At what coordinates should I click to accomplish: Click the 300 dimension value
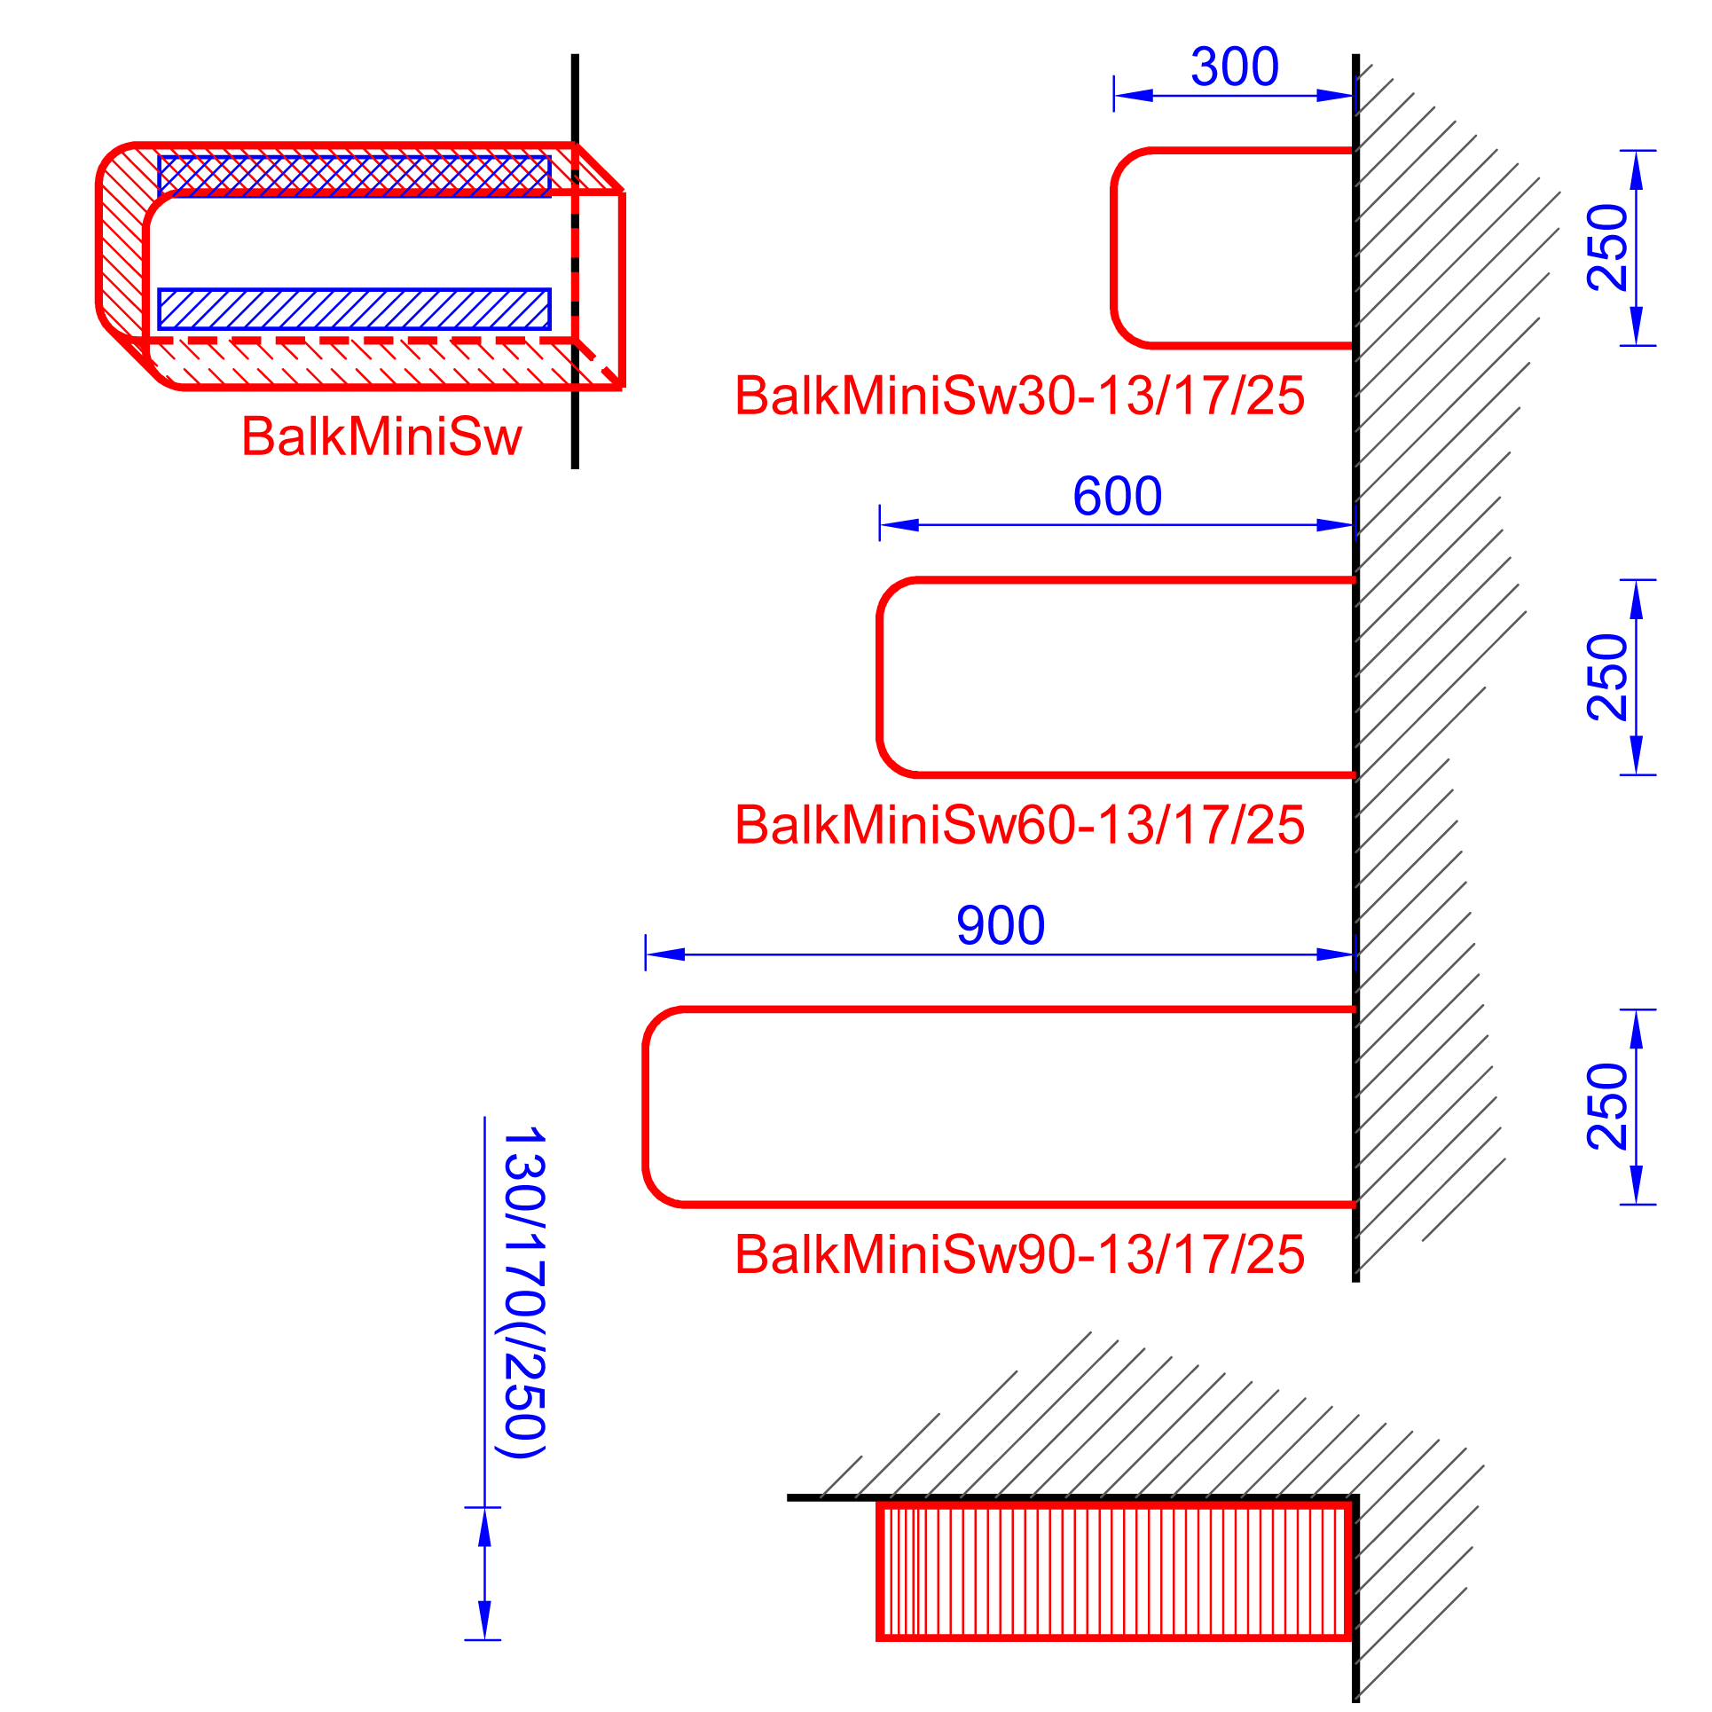click(1234, 67)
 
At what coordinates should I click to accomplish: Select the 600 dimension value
click(1117, 497)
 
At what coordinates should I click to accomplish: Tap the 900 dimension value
click(1000, 926)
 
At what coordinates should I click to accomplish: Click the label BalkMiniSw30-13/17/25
click(1019, 396)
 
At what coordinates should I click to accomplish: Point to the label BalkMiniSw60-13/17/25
click(1019, 825)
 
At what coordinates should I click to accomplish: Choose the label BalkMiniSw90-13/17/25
click(1019, 1254)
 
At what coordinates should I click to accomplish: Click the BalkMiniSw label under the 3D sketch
click(381, 436)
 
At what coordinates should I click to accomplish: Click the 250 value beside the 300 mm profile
click(1607, 247)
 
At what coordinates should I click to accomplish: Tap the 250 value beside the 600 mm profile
click(1607, 677)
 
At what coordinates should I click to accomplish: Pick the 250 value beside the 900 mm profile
click(1607, 1106)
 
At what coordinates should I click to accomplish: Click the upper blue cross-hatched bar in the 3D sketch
click(354, 176)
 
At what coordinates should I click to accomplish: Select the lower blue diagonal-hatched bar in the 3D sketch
click(354, 309)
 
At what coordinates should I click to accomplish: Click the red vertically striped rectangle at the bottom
click(1114, 1570)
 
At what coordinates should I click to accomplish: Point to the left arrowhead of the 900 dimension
click(665, 954)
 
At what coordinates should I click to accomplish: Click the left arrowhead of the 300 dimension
click(1134, 96)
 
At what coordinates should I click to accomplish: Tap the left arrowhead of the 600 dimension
click(899, 525)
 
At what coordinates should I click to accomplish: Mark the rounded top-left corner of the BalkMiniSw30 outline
click(1126, 163)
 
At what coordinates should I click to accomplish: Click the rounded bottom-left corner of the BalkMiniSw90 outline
click(658, 1191)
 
